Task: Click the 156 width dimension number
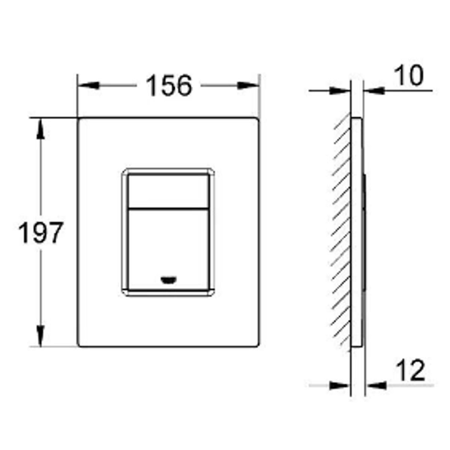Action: pyautogui.click(x=169, y=85)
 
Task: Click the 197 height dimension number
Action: pyautogui.click(x=40, y=232)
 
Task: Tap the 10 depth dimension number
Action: pyautogui.click(x=409, y=75)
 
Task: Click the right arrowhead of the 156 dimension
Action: pyautogui.click(x=248, y=86)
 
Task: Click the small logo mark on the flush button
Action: pyautogui.click(x=169, y=280)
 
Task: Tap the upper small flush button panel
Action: pyautogui.click(x=168, y=191)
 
